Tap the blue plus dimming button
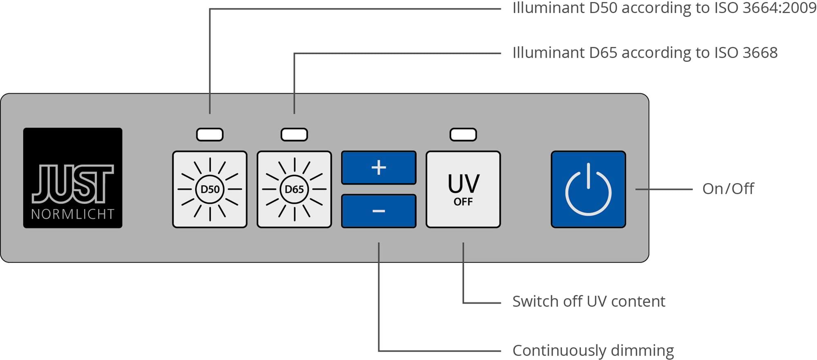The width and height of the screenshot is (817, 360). [x=379, y=168]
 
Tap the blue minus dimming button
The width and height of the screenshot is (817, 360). [x=379, y=211]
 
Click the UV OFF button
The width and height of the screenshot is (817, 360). [x=463, y=189]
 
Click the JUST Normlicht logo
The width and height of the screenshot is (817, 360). [x=73, y=178]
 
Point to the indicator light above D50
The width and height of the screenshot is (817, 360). [x=210, y=134]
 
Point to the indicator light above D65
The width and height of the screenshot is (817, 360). [x=294, y=134]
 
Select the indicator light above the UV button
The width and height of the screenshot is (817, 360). [x=463, y=134]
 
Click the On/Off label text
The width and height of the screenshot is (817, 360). [x=728, y=189]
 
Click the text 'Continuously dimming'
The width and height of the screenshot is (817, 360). [x=593, y=350]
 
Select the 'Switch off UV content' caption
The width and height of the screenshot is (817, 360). [x=589, y=301]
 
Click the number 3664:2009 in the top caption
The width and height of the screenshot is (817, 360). [x=779, y=8]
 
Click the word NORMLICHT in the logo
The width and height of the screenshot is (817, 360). [x=73, y=214]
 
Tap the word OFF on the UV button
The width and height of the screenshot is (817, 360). [x=463, y=202]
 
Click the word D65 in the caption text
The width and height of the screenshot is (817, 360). [x=603, y=53]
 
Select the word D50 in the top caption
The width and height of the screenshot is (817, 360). [x=603, y=8]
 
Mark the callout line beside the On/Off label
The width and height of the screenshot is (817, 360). [x=664, y=189]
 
